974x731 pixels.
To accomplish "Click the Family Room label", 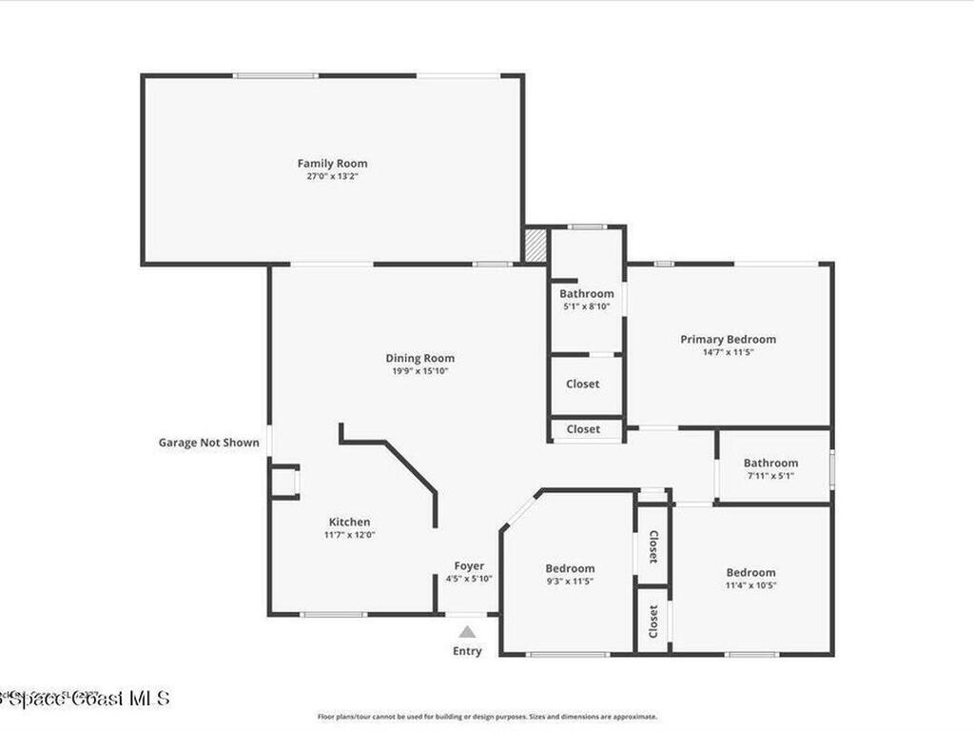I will tap(332, 164).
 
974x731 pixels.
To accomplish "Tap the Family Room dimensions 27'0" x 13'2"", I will tap(332, 176).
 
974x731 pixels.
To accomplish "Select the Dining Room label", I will tap(419, 358).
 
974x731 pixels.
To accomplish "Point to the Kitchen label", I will tap(349, 522).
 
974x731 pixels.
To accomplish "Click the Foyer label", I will tap(469, 566).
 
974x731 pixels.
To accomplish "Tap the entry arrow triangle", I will tap(467, 631).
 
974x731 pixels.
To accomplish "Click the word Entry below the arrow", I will tap(467, 651).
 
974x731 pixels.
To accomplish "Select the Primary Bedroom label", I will tap(728, 339).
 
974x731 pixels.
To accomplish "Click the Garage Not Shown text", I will tap(208, 443).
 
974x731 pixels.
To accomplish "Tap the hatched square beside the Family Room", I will tap(536, 245).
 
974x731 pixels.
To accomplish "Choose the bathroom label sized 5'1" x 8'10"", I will tap(586, 294).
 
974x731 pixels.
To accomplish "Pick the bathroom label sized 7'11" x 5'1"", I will tap(770, 464).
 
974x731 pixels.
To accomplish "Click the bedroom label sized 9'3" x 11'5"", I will tap(570, 568).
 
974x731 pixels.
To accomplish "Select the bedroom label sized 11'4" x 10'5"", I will tap(750, 572).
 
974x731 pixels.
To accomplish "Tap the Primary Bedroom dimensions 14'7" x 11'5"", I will tap(728, 352).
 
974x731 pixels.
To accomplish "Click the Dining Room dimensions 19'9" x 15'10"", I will tap(419, 371).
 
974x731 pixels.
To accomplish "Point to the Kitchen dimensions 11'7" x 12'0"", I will tap(349, 535).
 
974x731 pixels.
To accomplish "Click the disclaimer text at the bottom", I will tap(486, 717).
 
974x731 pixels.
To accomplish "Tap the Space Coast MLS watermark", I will tap(86, 698).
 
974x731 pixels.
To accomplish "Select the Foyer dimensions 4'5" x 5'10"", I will tap(469, 579).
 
